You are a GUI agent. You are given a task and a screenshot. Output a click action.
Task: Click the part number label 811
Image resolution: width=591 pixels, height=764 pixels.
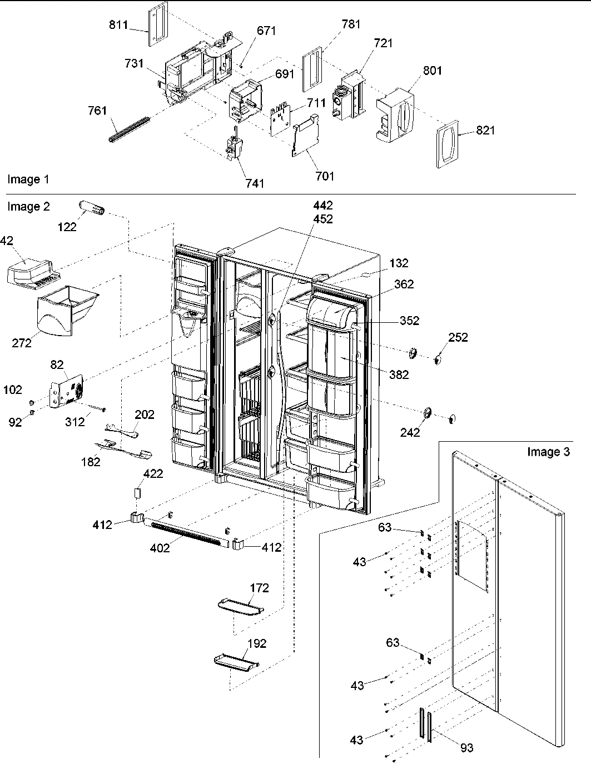118,25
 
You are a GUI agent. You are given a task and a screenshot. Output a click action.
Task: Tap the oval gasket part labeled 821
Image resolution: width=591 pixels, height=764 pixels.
449,142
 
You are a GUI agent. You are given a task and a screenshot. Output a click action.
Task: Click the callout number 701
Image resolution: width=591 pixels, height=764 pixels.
325,176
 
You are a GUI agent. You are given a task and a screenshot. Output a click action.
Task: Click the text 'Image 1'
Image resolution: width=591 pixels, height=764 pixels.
28,179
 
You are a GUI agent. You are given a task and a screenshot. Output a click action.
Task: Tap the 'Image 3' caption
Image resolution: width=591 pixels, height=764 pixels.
548,452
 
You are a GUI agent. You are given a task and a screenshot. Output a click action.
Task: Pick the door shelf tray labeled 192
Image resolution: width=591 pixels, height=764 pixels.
237,661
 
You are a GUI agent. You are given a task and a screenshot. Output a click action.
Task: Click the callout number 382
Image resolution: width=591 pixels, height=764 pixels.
399,374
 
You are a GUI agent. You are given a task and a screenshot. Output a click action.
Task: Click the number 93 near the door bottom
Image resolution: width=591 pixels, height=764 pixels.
467,748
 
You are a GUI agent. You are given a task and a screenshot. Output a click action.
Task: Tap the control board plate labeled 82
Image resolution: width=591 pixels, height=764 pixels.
67,394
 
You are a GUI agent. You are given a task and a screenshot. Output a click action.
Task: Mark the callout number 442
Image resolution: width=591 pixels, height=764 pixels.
322,206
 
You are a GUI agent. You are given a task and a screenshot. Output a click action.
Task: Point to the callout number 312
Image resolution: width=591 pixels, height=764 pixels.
75,422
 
